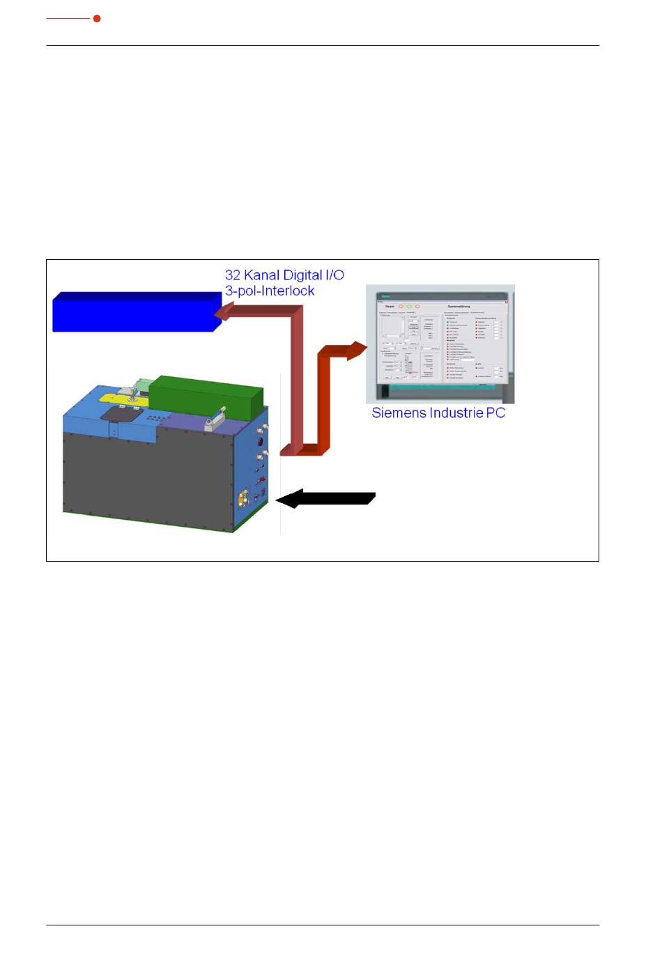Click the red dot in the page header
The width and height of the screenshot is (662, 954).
tap(97, 18)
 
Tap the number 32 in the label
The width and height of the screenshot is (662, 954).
tap(233, 275)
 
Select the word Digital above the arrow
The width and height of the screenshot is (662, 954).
tap(305, 275)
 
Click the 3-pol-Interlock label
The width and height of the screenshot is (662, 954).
tap(270, 291)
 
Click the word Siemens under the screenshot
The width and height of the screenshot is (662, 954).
tap(397, 413)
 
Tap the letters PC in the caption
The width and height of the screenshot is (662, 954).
tap(496, 413)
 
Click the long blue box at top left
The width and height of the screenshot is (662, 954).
tap(136, 311)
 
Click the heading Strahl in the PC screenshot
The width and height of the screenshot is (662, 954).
tap(390, 307)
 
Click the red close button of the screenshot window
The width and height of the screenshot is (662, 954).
tap(507, 302)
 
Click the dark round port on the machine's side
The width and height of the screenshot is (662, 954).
tap(260, 442)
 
